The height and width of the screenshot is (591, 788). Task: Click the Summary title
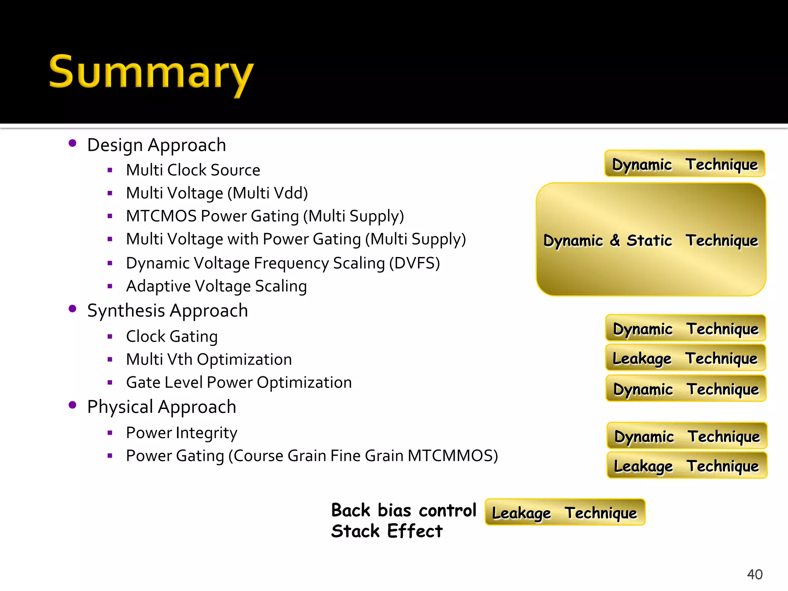tap(151, 73)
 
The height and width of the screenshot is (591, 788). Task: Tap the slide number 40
tap(754, 574)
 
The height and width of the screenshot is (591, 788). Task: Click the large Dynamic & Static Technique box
tap(651, 240)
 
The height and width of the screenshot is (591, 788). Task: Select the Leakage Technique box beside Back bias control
tap(564, 512)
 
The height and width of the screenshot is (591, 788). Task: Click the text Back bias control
tap(404, 511)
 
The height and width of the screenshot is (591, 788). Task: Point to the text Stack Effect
tap(387, 531)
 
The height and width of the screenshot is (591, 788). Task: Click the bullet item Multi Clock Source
tap(193, 170)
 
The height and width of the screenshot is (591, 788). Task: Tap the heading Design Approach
tap(157, 145)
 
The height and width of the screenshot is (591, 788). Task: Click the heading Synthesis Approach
tap(167, 311)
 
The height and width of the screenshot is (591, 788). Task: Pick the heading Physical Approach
tap(162, 407)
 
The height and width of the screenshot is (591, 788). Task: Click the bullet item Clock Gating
tap(172, 336)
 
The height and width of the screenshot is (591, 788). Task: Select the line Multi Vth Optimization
tap(209, 359)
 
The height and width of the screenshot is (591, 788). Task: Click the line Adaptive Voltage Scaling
tap(216, 286)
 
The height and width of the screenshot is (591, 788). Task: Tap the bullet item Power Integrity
tap(182, 433)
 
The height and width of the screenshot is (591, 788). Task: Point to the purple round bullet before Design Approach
tap(72, 143)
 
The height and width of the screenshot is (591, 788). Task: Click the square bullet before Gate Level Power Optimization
tap(110, 382)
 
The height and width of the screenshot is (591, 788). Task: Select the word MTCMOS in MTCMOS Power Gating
tap(161, 216)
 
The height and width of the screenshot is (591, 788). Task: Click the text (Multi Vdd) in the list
tap(267, 193)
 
